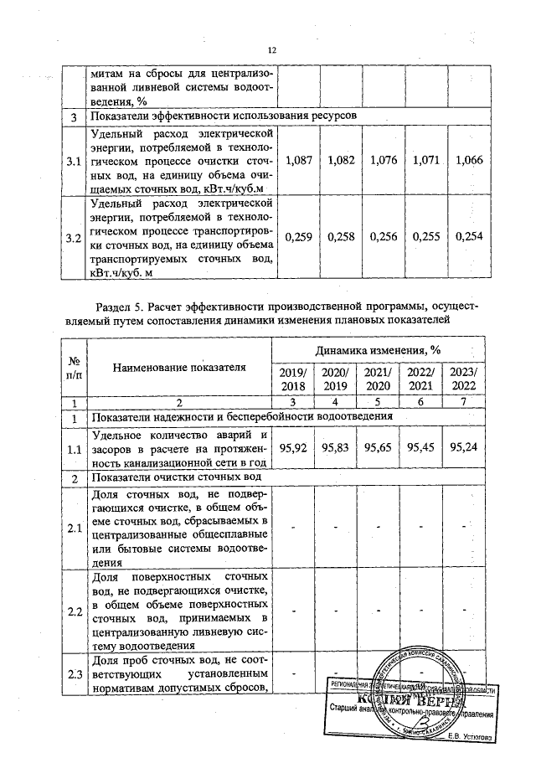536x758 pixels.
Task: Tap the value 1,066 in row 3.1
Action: [469, 159]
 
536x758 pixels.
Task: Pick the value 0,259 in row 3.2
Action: [299, 238]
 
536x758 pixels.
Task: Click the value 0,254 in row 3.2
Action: [469, 238]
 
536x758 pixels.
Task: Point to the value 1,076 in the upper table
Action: [383, 159]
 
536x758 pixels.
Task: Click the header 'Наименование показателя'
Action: [180, 366]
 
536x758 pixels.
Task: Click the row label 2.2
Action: [74, 611]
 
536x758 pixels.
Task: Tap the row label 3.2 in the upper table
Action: [74, 239]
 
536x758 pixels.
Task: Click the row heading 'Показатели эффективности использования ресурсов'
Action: [224, 114]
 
